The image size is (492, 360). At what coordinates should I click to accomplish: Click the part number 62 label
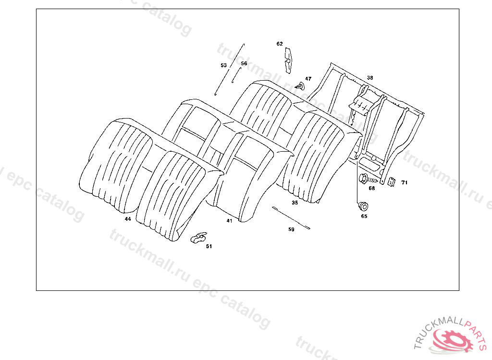280,44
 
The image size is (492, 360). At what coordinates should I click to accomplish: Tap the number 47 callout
308,79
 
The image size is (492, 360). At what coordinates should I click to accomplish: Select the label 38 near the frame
370,78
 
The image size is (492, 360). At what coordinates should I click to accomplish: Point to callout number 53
223,65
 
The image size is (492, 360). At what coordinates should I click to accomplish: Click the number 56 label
244,63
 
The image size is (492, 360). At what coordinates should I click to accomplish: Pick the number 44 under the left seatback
128,219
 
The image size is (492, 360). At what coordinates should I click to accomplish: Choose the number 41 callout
229,221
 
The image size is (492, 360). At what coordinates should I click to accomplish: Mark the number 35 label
295,203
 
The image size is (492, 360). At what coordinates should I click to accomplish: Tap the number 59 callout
291,229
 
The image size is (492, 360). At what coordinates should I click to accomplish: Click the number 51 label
209,246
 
